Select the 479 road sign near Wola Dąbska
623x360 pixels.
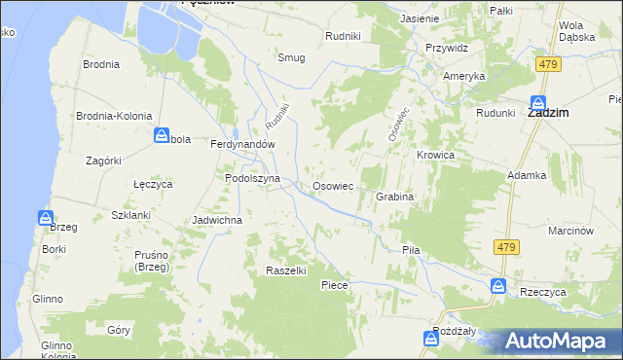(546, 63)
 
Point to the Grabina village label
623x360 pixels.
(394, 197)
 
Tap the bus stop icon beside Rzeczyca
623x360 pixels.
(497, 286)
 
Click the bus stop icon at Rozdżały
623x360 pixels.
(431, 338)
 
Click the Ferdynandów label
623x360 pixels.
(244, 143)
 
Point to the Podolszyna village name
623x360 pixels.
(252, 179)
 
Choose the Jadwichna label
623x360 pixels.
(217, 220)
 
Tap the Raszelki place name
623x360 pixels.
(286, 270)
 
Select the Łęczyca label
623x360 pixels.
(152, 183)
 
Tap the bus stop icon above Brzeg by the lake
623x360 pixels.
(46, 218)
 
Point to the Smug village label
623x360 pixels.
(291, 57)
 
